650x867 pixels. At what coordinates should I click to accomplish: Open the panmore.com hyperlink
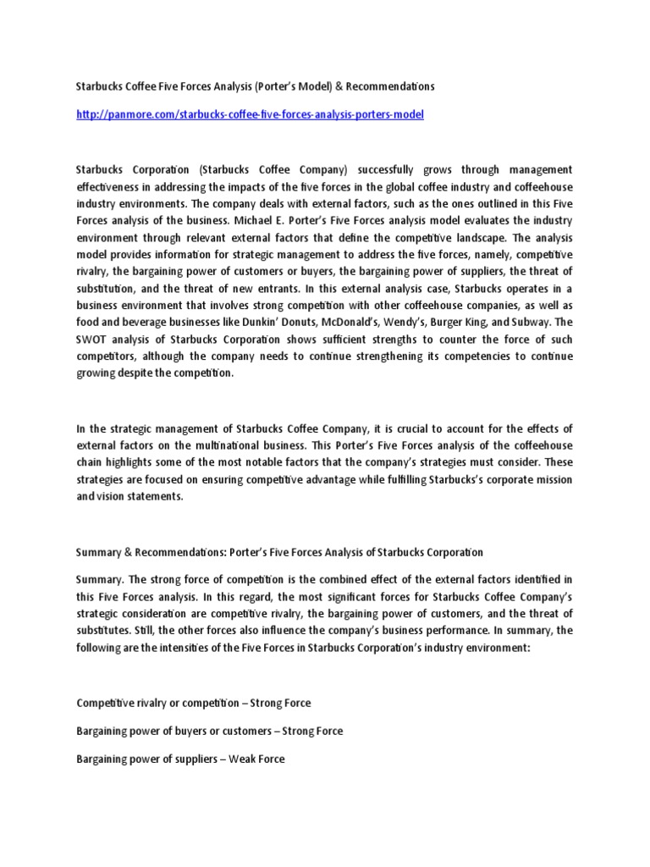tap(250, 114)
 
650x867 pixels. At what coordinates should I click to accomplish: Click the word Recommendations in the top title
tap(394, 87)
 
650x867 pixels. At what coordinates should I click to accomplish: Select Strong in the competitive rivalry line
tap(264, 704)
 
